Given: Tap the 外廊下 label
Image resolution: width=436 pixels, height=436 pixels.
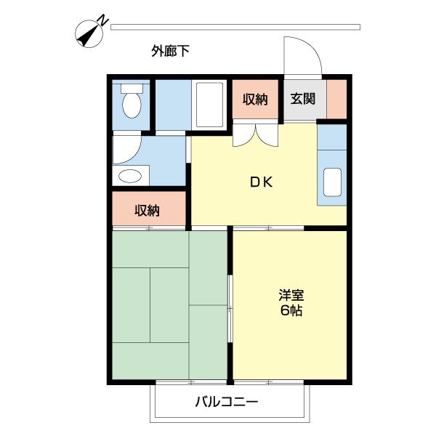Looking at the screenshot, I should click(x=171, y=51).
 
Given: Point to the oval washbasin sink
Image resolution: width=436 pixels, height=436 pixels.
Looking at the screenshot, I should click(x=131, y=176).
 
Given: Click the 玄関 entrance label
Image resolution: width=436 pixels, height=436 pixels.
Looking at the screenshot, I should click(x=304, y=100).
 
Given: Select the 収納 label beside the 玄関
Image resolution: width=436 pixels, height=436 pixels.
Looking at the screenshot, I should click(x=255, y=100).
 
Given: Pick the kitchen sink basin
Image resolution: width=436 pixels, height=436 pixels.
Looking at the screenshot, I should click(x=333, y=182).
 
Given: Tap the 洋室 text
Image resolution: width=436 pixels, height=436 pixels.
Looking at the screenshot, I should click(x=291, y=296).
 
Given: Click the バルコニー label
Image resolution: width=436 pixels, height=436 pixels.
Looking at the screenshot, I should click(x=226, y=402).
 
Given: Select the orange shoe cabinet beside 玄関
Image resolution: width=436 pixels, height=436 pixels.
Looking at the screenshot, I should click(x=336, y=100).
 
